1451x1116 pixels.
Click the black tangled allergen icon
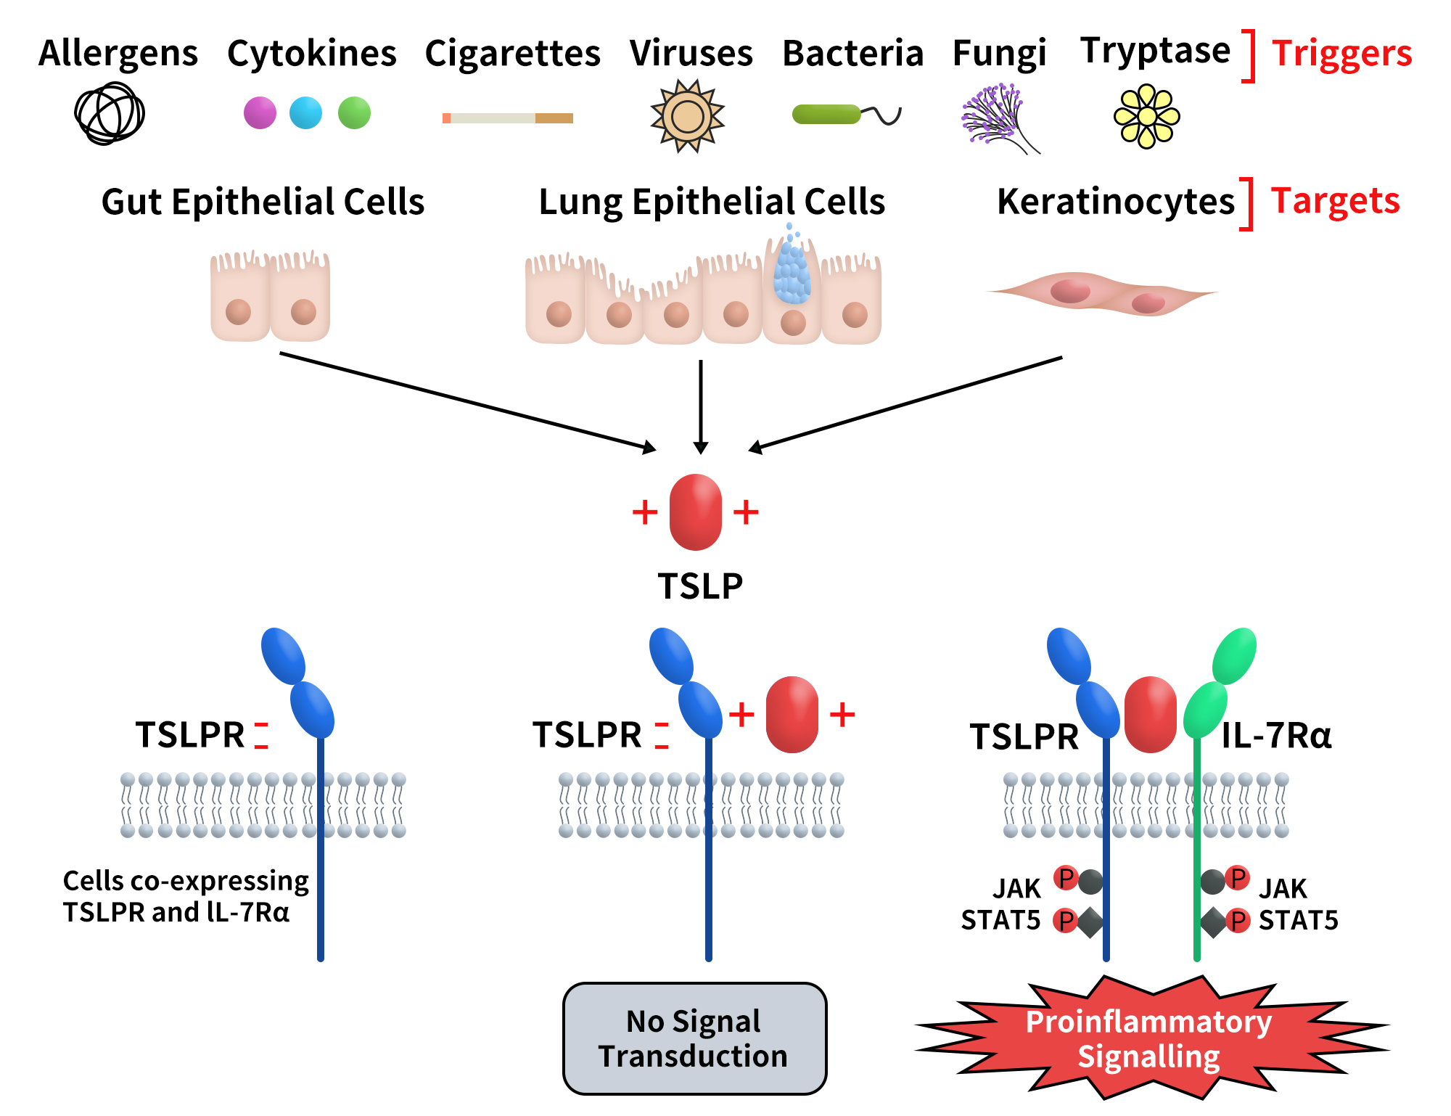[110, 114]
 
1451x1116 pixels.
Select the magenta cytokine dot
[260, 113]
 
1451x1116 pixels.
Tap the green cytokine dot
[354, 113]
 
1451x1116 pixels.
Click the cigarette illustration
[508, 118]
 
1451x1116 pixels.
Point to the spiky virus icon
[687, 116]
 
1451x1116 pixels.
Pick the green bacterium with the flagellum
[827, 114]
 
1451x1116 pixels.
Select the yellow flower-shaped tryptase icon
[1146, 116]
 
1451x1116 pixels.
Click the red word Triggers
[1341, 54]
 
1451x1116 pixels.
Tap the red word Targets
[1335, 201]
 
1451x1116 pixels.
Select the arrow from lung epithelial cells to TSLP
[700, 406]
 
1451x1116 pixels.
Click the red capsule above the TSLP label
[695, 512]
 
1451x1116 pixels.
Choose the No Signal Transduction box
[694, 1038]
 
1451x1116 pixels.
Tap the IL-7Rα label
[1276, 735]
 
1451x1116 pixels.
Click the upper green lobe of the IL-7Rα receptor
[1235, 655]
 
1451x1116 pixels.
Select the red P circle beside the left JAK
[1065, 878]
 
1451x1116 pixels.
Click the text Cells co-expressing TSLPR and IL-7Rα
[186, 896]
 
